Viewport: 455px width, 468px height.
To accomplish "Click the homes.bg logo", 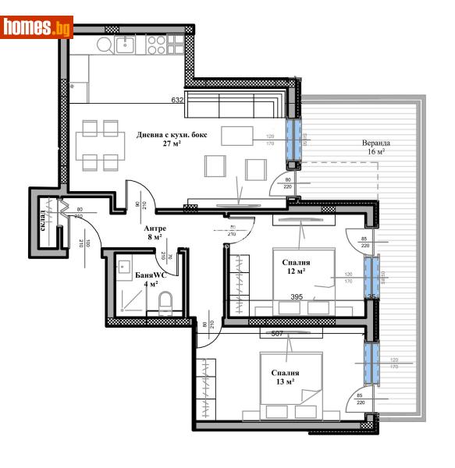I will tap(37, 28).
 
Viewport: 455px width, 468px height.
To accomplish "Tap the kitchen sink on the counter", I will tap(125, 44).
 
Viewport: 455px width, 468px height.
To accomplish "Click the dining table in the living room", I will tap(101, 146).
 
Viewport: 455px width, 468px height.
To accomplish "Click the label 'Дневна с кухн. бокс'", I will tap(171, 134).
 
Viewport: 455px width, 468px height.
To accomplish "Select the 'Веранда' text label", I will tap(375, 144).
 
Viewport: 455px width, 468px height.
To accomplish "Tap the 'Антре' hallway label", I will tap(155, 228).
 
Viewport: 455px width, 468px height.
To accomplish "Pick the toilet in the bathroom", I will tap(165, 302).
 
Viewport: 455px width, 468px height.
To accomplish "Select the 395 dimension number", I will tap(297, 296).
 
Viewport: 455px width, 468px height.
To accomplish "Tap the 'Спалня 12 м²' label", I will tap(297, 267).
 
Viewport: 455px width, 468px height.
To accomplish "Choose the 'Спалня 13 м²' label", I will tap(286, 378).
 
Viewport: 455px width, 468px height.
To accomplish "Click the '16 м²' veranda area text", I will tap(375, 152).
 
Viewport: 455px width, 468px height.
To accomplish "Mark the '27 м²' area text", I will tap(172, 144).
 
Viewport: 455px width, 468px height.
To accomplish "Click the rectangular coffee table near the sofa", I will tap(237, 136).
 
